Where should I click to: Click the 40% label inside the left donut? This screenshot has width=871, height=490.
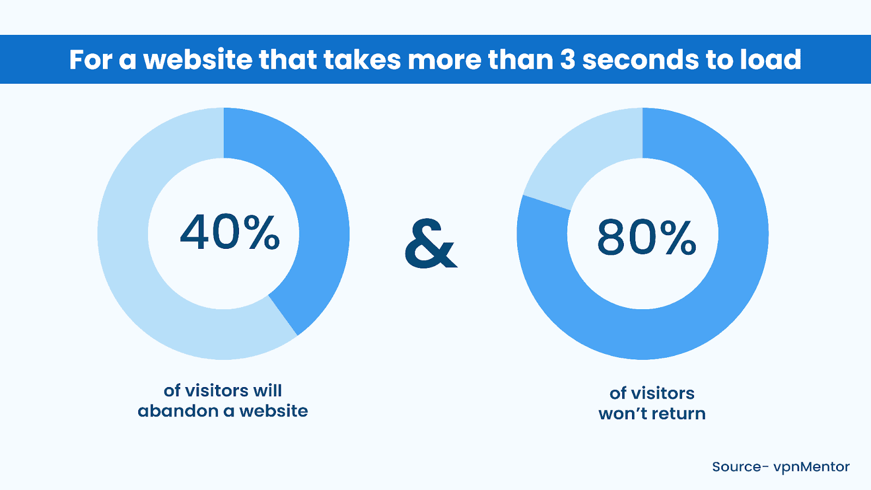coord(229,232)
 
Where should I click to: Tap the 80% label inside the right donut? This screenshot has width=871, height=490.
coord(647,237)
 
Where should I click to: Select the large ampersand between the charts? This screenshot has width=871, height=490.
coord(431,243)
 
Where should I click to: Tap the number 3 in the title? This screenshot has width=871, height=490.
coord(567,60)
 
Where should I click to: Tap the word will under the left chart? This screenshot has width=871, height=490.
coord(267,390)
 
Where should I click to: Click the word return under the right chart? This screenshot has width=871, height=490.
coord(678,413)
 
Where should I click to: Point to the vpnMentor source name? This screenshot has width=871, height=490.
coord(812,467)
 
